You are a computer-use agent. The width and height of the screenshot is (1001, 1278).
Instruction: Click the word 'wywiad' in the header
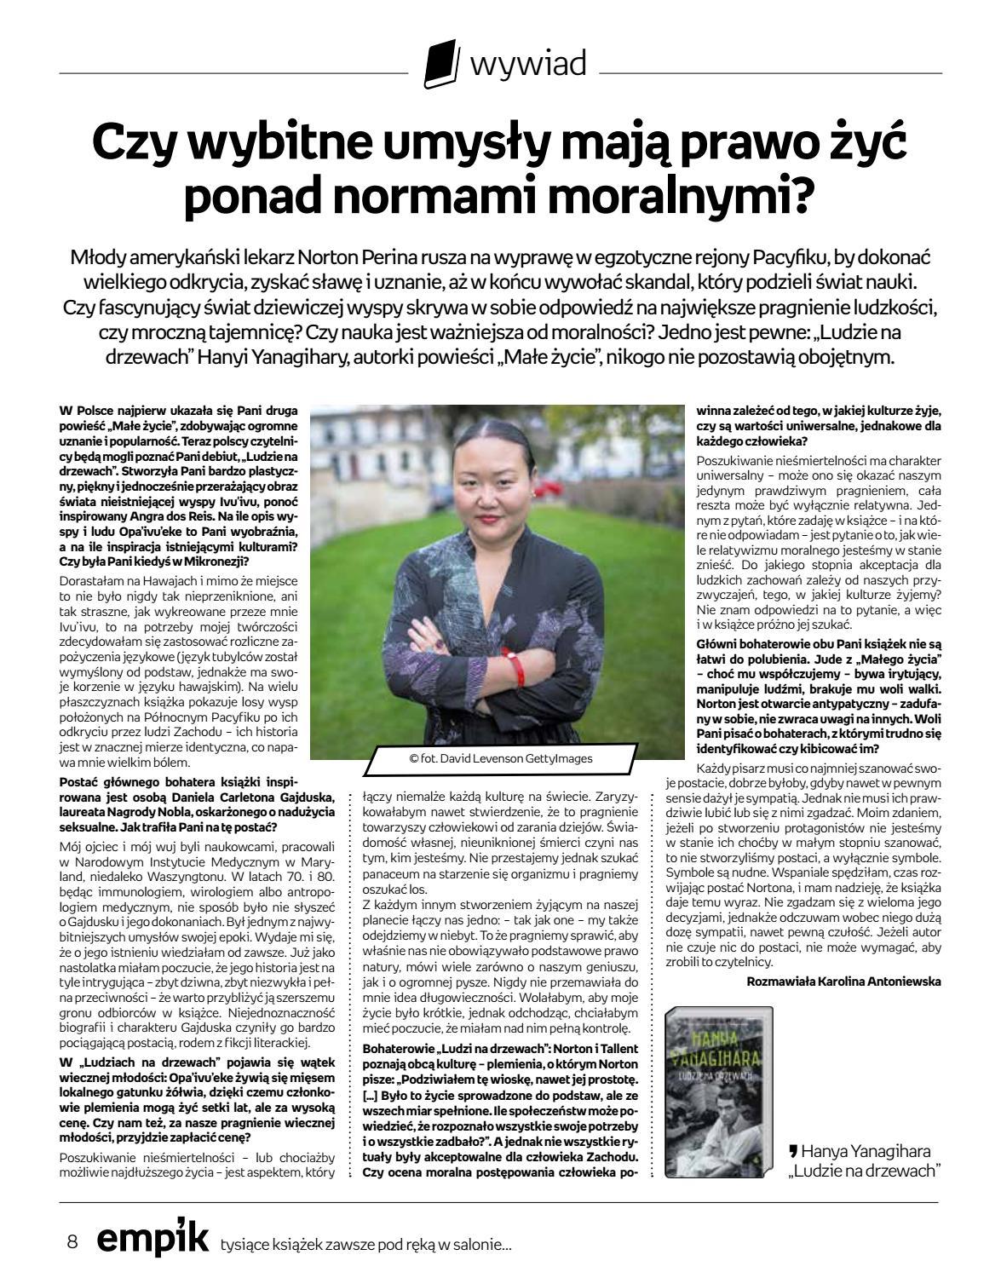528,64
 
